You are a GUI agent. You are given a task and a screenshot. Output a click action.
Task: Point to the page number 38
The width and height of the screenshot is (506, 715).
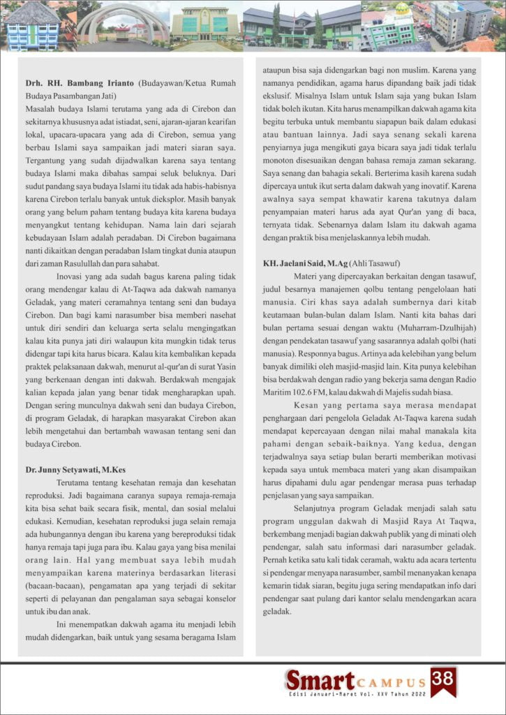click(x=443, y=678)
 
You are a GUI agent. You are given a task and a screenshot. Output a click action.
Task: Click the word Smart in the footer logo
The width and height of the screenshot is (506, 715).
click(x=318, y=679)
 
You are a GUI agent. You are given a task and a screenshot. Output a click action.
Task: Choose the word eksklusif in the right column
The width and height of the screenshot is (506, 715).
click(x=278, y=96)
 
